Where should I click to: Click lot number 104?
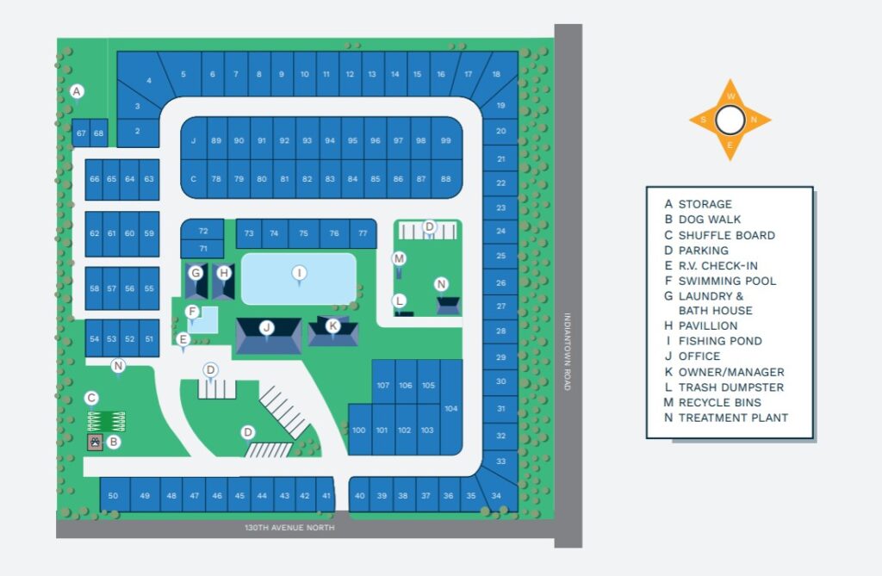(x=451, y=407)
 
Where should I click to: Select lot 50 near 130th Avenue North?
(x=113, y=496)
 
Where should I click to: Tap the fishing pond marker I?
(x=299, y=273)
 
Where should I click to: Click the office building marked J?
(x=268, y=328)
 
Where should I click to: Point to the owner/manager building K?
(x=332, y=326)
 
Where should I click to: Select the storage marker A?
(x=77, y=91)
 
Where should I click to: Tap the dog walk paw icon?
(x=95, y=442)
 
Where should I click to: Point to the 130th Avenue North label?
(x=283, y=527)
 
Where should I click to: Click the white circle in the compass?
(x=730, y=120)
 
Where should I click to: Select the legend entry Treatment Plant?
(x=732, y=418)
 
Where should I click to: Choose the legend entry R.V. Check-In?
(x=717, y=265)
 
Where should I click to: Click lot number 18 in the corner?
(x=496, y=75)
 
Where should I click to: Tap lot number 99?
(x=445, y=140)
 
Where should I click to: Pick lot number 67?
(x=81, y=133)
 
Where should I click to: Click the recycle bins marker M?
(x=399, y=258)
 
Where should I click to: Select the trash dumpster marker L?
(x=399, y=300)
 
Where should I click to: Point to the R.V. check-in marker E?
(x=183, y=339)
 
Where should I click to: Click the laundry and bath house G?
(x=196, y=273)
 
